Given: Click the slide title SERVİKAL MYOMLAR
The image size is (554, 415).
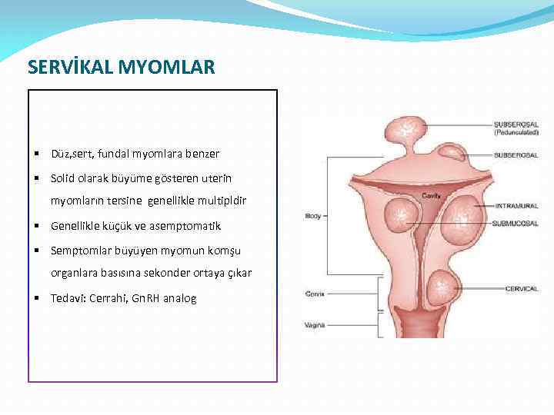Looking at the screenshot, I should (x=122, y=68).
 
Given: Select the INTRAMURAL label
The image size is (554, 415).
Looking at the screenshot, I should (x=516, y=206).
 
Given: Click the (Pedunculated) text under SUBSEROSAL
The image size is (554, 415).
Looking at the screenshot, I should (x=516, y=132).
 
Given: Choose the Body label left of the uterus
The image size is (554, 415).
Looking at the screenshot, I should (x=313, y=216).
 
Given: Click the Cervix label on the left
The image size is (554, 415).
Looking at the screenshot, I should (x=314, y=294).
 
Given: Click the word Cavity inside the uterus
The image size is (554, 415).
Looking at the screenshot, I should (x=431, y=196).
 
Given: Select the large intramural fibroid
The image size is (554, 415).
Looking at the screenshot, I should (x=463, y=217).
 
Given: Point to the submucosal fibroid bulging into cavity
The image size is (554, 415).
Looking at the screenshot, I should (x=402, y=212).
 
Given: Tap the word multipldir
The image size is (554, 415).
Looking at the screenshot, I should (x=230, y=202).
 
